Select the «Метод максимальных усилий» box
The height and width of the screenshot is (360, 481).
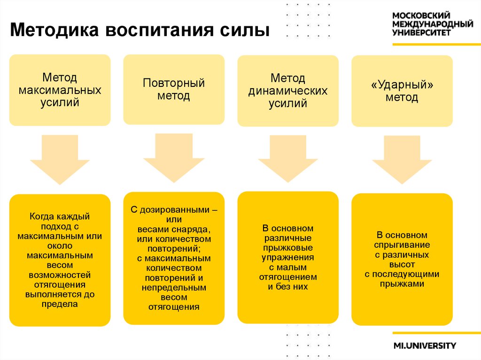click(60, 90)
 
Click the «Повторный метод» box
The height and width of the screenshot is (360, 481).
click(174, 89)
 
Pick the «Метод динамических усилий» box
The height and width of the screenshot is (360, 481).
click(288, 91)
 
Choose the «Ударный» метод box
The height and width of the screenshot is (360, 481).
click(402, 91)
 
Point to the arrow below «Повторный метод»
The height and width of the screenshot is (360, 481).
click(174, 158)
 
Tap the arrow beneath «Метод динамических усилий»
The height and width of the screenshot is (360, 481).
click(288, 159)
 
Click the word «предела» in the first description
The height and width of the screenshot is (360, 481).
click(60, 304)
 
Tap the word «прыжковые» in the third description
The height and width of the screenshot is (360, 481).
click(288, 247)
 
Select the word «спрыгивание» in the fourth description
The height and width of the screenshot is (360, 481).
click(402, 245)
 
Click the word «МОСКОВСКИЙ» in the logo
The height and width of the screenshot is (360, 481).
click(421, 15)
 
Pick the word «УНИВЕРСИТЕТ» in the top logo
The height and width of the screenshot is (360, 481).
click(422, 33)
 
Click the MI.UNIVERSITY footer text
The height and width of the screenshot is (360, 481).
click(425, 346)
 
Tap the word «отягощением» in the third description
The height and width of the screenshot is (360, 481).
click(288, 276)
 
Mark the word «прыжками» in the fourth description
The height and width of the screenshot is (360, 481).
click(402, 284)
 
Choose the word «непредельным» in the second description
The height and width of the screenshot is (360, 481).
click(174, 287)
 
